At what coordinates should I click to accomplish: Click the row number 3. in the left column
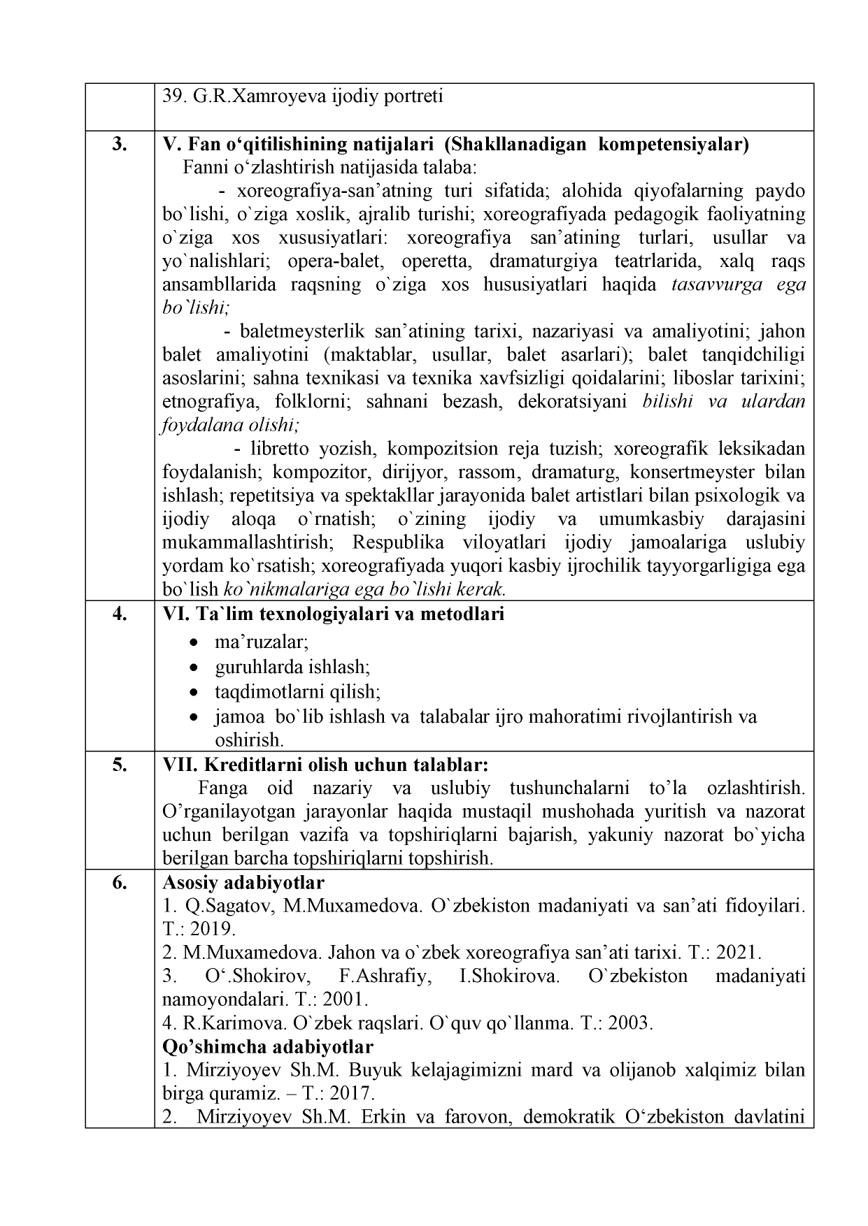point(120,144)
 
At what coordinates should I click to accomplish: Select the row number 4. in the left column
point(120,614)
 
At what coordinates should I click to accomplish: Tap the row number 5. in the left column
point(120,764)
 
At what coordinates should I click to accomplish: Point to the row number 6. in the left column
point(120,882)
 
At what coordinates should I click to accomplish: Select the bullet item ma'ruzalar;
point(262,641)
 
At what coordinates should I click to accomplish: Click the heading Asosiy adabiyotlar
point(243,882)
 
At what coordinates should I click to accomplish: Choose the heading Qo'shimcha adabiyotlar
point(267,1046)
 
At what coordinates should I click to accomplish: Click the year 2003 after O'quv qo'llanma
point(629,1023)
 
